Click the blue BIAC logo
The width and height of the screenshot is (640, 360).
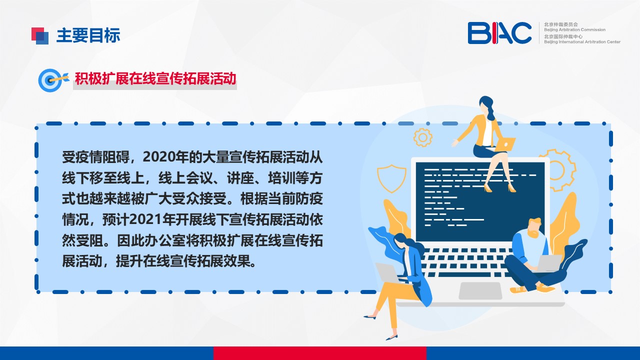coord(499,33)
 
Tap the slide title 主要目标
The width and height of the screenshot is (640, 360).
coord(88,35)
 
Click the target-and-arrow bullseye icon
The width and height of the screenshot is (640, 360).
coord(53,80)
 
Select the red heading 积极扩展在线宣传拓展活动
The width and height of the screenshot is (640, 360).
coord(155,78)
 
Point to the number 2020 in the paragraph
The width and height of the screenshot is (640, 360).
coord(159,157)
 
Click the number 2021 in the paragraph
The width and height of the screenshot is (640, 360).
coord(145,219)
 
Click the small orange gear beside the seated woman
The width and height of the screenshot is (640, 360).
coord(422,137)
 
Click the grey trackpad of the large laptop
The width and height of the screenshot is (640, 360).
coord(480,290)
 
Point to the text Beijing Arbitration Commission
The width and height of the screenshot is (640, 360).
coord(574,29)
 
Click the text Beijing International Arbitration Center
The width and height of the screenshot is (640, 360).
coord(582,42)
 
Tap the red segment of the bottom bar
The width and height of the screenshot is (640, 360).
coord(320,353)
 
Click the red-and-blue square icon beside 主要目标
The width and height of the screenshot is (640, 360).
coord(40,36)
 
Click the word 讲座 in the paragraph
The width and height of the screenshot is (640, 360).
coord(240,177)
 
